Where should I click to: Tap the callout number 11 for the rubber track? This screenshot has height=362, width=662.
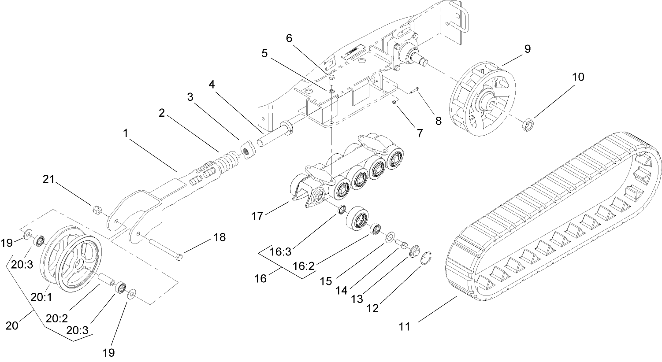point(404,326)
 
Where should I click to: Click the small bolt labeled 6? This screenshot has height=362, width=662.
point(332,80)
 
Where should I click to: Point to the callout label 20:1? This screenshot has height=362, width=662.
point(41,297)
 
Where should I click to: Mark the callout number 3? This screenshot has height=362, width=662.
point(190,97)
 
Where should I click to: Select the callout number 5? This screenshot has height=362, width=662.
point(264,53)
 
